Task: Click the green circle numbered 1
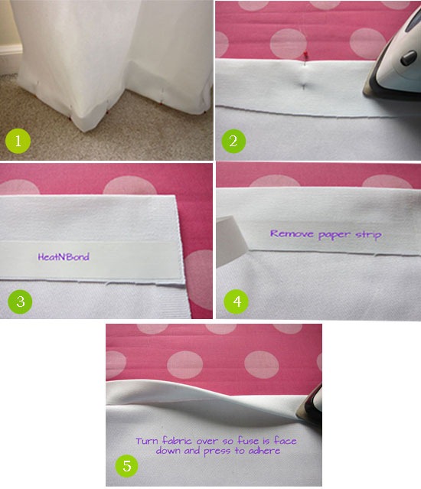pyautogui.click(x=18, y=141)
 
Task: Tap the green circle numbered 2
pyautogui.click(x=233, y=141)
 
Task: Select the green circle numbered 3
pyautogui.click(x=20, y=302)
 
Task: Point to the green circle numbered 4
pyautogui.click(x=237, y=302)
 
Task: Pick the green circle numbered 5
pyautogui.click(x=127, y=466)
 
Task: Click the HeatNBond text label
pyautogui.click(x=64, y=257)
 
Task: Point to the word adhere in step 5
pyautogui.click(x=264, y=451)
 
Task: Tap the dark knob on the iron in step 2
pyautogui.click(x=409, y=57)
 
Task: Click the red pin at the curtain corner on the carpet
pyautogui.click(x=70, y=119)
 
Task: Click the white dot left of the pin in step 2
pyautogui.click(x=288, y=44)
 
